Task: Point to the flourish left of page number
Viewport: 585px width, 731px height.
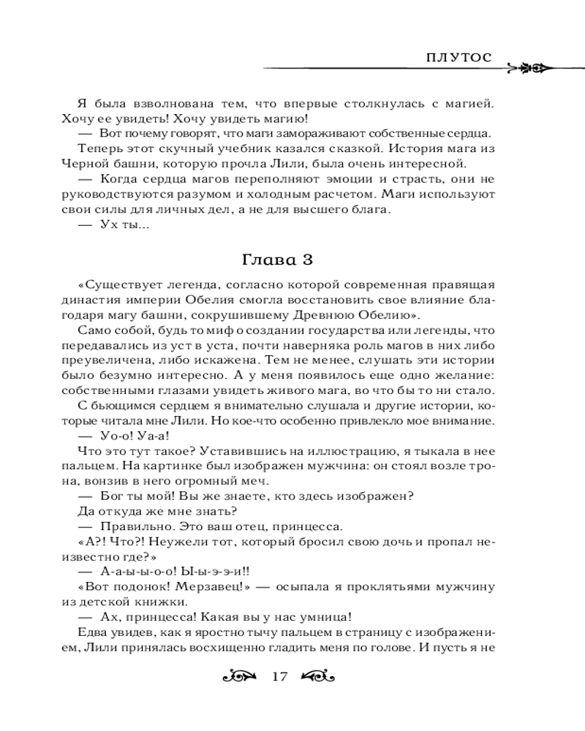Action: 241,675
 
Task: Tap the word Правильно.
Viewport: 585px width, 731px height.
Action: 129,526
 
